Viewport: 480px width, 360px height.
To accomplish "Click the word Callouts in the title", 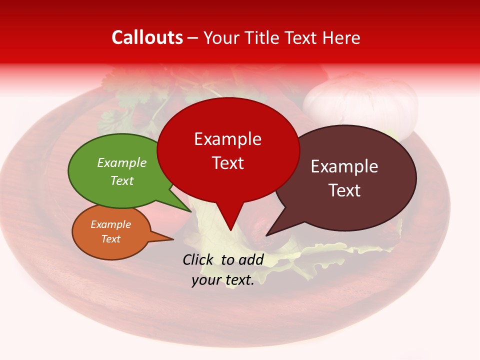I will pyautogui.click(x=147, y=38).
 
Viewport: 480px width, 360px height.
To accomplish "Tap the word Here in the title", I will pyautogui.click(x=341, y=38).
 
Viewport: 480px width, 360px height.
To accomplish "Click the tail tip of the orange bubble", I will pyautogui.click(x=172, y=239).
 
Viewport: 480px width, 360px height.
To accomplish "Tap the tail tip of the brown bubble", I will pyautogui.click(x=267, y=235).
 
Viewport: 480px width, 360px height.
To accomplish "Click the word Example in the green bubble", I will pyautogui.click(x=122, y=163).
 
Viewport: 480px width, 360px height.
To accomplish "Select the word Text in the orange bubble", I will pyautogui.click(x=111, y=239).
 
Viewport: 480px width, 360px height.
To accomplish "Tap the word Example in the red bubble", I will pyautogui.click(x=227, y=139).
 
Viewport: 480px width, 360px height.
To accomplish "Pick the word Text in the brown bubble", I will pyautogui.click(x=345, y=190).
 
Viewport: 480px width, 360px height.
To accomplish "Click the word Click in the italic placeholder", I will pyautogui.click(x=199, y=259).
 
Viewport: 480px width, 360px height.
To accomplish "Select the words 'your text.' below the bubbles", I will pyautogui.click(x=223, y=280).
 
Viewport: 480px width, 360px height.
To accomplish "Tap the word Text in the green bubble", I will pyautogui.click(x=122, y=180).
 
